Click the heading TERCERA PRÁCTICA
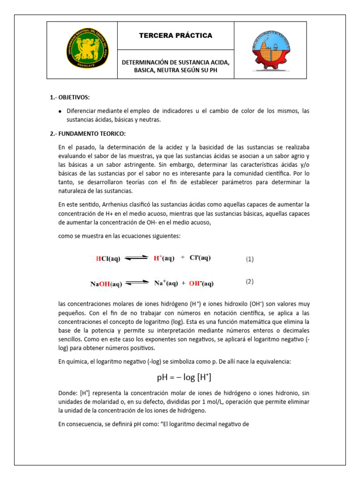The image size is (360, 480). [175, 36]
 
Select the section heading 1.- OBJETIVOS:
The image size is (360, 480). [69, 97]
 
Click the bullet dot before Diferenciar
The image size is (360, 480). [60, 112]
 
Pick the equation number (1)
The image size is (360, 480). [250, 259]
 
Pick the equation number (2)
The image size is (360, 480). [250, 282]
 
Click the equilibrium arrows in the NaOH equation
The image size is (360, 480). [137, 283]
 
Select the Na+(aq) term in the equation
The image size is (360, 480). [166, 283]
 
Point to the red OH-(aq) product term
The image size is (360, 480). [202, 283]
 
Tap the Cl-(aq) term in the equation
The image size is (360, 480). [200, 258]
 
